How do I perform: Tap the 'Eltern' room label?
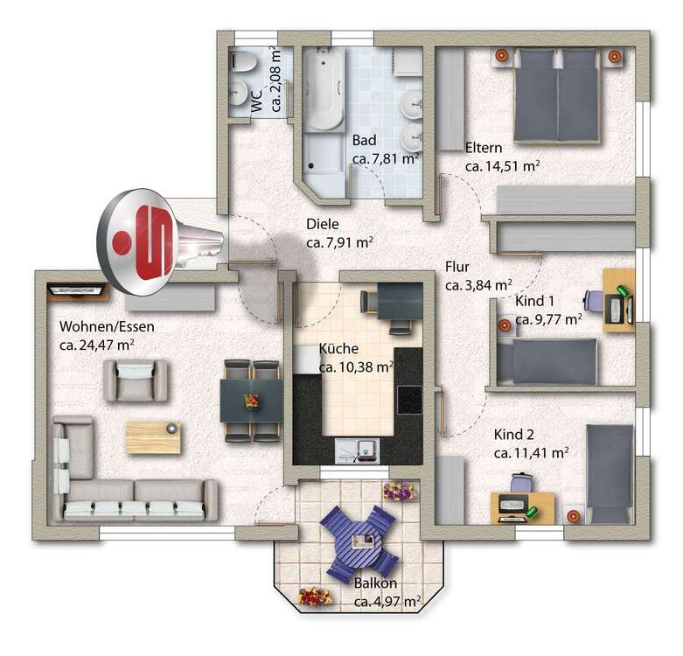coord(484,147)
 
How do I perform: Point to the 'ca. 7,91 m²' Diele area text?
coord(340,242)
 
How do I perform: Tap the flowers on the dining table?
coord(252,401)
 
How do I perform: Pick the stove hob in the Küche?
coord(408,399)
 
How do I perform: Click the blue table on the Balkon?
coord(359,540)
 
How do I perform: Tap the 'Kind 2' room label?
coord(513,435)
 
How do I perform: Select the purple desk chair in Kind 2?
coord(522,482)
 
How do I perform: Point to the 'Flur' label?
coord(459,267)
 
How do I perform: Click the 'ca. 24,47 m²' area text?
coord(95,345)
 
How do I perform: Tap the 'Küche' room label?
coord(338,348)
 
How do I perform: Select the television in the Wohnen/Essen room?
coord(79,289)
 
